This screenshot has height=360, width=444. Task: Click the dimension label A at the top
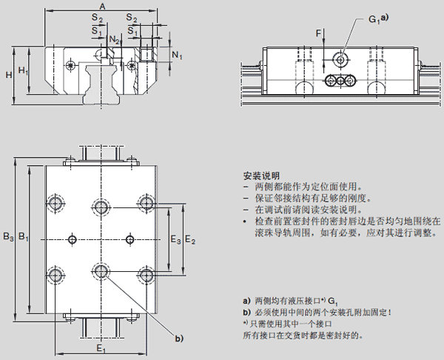101,6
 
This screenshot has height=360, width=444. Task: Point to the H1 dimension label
24,71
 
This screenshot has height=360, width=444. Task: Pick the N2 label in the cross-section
112,39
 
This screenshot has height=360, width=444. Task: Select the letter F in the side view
318,33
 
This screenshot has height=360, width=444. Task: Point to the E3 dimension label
175,239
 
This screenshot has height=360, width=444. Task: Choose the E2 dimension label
189,239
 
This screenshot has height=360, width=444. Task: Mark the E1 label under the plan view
101,348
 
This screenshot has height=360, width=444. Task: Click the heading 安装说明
260,176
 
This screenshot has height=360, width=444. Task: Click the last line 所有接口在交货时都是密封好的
303,335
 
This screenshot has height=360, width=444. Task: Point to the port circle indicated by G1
340,59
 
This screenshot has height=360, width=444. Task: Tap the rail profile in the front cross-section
101,83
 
